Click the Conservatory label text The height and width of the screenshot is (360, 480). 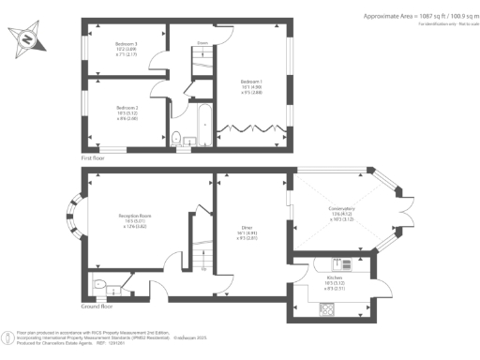pyautogui.click(x=340, y=213)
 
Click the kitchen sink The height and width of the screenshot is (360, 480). pyautogui.click(x=328, y=306)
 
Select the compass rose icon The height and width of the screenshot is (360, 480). pyautogui.click(x=28, y=39)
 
